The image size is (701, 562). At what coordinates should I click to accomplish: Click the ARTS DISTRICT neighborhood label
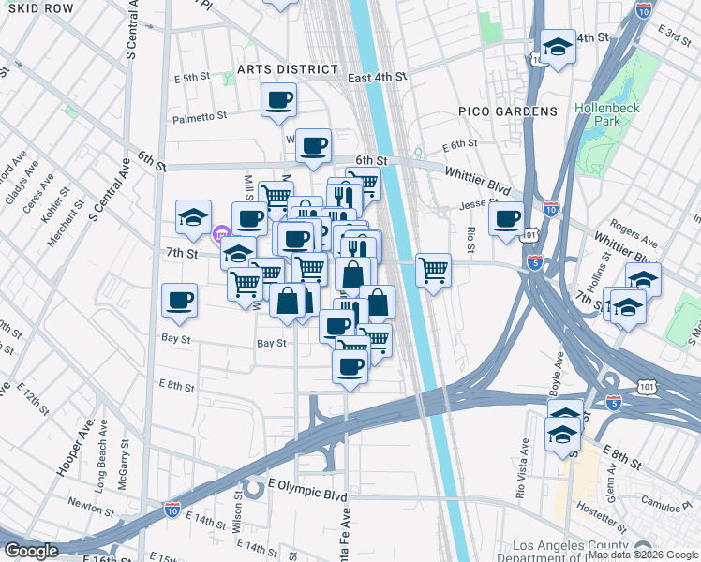287,69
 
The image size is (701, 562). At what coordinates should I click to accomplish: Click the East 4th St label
377,78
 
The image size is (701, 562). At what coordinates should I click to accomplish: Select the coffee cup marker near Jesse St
507,219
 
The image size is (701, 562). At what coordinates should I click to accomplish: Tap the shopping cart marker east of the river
432,270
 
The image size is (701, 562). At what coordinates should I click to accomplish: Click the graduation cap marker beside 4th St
558,47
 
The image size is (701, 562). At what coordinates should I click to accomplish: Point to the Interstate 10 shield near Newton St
172,509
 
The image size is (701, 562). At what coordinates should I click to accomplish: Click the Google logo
32,551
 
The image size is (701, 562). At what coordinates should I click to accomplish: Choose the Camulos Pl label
668,507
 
